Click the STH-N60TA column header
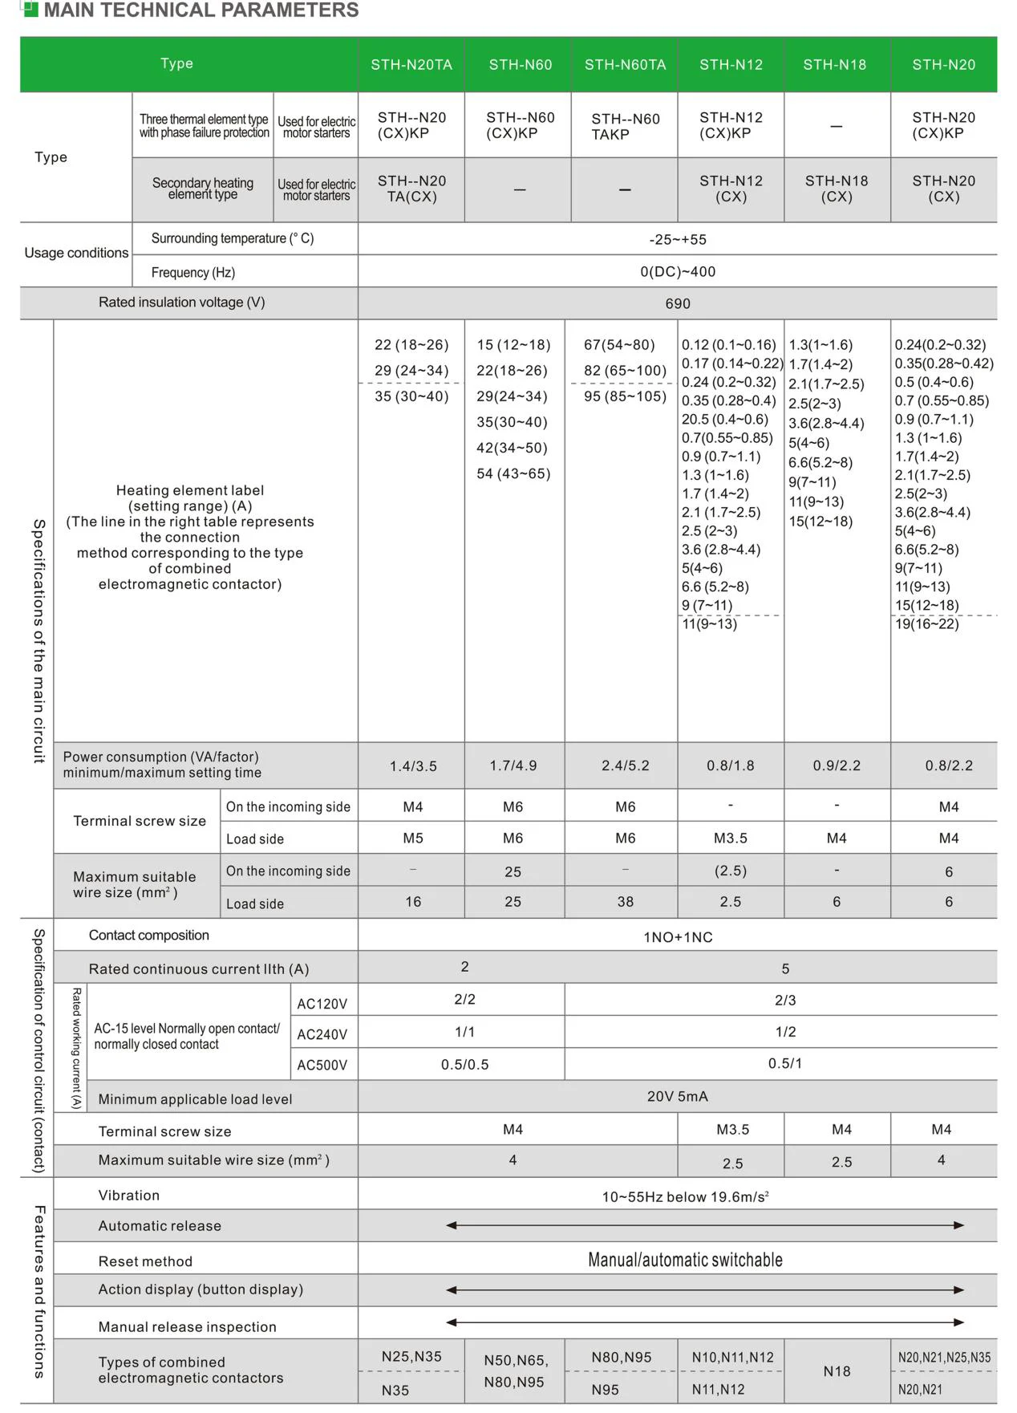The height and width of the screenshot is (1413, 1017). tap(625, 65)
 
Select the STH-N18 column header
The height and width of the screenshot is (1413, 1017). tap(834, 65)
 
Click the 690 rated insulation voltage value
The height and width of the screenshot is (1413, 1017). tap(677, 304)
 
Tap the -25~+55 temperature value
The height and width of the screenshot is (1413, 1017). tap(677, 240)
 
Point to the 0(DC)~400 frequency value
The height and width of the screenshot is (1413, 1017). tap(677, 272)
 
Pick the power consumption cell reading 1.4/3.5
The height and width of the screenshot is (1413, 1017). tap(413, 766)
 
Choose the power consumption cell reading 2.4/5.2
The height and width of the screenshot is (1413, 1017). tap(625, 766)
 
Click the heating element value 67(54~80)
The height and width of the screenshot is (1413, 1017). tap(618, 345)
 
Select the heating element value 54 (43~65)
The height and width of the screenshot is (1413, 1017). tap(513, 474)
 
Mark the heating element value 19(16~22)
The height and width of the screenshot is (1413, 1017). tap(926, 624)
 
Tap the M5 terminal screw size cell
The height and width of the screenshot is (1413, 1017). tap(413, 838)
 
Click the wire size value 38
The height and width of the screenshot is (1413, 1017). tap(625, 902)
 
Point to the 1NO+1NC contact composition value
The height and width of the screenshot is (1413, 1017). tap(677, 937)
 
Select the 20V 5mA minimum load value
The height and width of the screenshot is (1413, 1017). tap(677, 1097)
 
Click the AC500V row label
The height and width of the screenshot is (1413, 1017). tap(322, 1066)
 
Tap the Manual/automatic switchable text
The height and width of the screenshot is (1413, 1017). tap(685, 1261)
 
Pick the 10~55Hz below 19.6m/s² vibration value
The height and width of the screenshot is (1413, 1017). tap(685, 1197)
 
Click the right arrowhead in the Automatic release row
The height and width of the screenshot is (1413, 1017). tap(958, 1225)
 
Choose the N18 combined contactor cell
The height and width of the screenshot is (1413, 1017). tap(837, 1372)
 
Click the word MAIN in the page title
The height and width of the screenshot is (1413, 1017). tap(68, 10)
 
